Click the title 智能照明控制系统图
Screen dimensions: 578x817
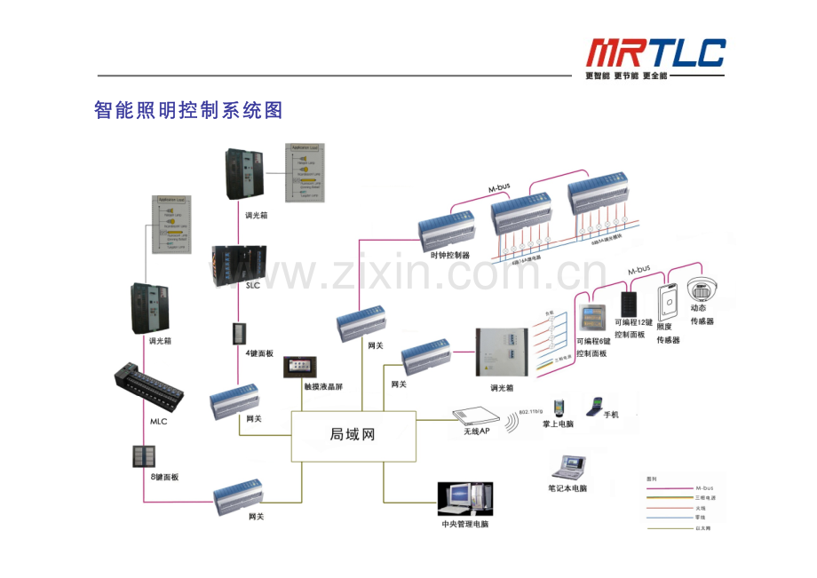(x=188, y=110)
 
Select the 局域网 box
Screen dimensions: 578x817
(x=353, y=434)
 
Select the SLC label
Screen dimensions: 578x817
(x=253, y=286)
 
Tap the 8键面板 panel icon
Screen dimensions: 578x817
(x=143, y=456)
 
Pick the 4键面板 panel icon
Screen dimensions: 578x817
(x=240, y=336)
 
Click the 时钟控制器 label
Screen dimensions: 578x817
(x=448, y=255)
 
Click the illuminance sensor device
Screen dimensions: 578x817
(x=668, y=302)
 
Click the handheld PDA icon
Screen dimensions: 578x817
(x=558, y=408)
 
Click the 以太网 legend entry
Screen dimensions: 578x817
(x=703, y=528)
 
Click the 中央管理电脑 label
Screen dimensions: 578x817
(x=464, y=524)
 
